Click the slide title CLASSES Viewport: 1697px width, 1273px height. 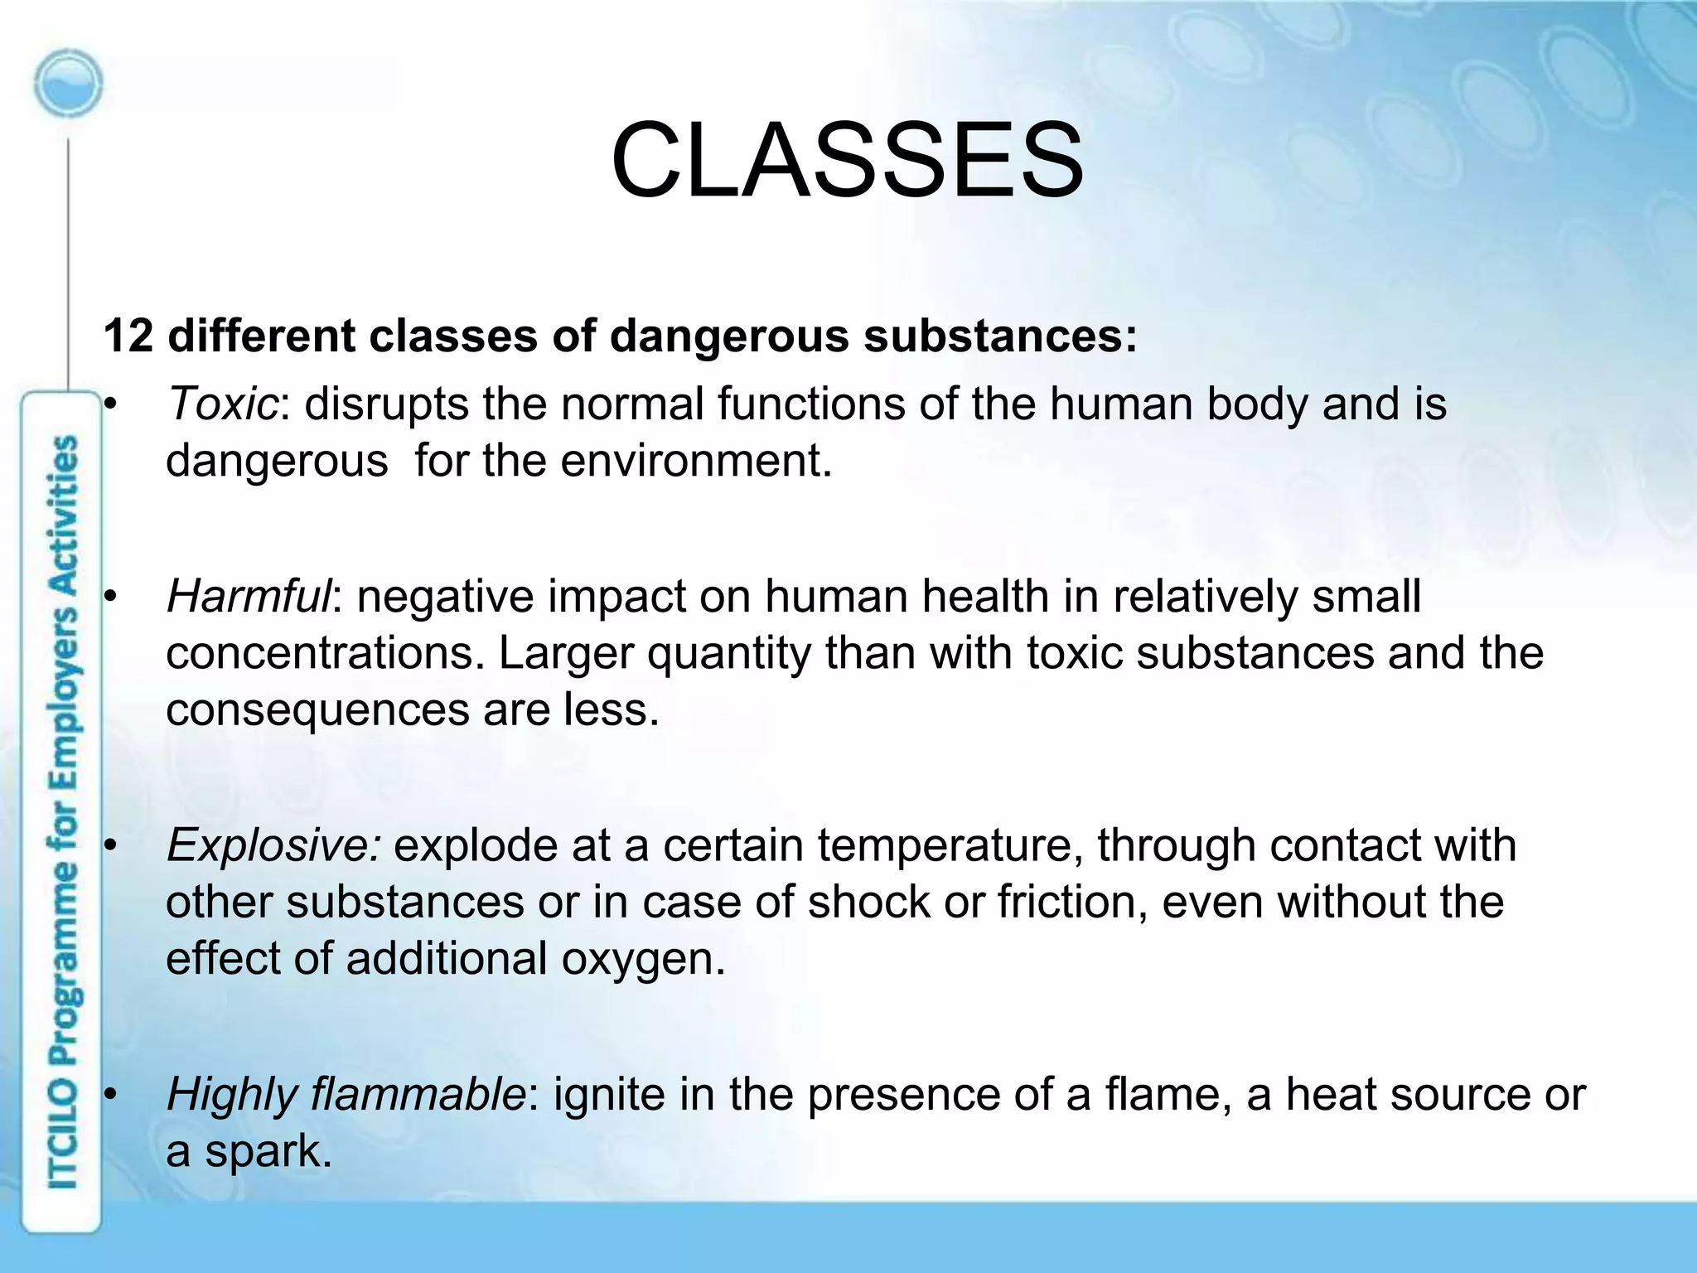tap(847, 160)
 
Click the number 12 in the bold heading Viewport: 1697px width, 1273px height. tap(128, 336)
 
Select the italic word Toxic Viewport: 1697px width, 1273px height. tap(222, 404)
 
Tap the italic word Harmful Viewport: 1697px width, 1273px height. tap(249, 597)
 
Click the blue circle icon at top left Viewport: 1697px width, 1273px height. tap(69, 85)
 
